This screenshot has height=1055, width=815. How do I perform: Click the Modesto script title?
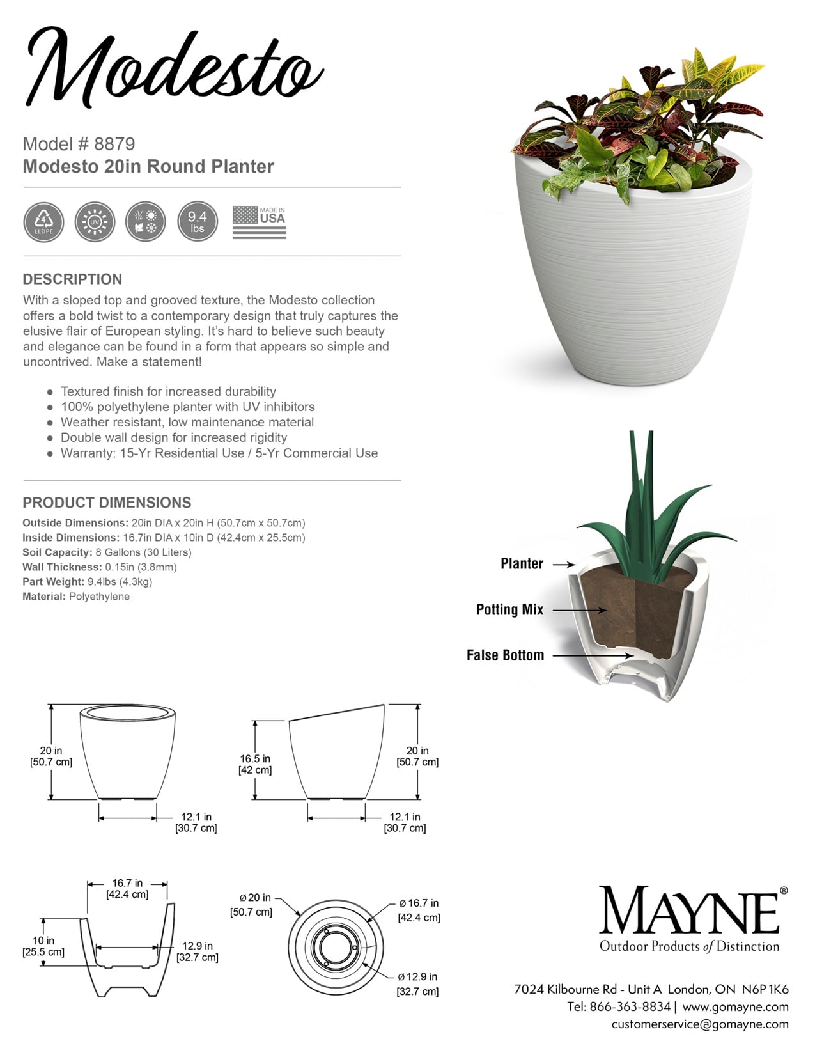click(173, 67)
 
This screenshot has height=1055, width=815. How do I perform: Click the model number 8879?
click(114, 144)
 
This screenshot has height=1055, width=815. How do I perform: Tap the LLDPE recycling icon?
click(43, 223)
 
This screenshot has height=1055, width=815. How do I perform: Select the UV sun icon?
click(95, 223)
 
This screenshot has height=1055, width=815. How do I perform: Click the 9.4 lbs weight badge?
click(197, 223)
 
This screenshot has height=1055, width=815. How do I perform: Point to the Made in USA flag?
click(259, 223)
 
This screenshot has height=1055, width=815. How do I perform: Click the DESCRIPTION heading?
click(72, 279)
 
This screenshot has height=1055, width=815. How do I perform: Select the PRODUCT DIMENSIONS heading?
click(107, 503)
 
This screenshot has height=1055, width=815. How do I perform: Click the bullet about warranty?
click(219, 453)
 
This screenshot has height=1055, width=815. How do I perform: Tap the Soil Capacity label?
click(58, 552)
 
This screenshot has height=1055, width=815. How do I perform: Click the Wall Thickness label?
click(62, 567)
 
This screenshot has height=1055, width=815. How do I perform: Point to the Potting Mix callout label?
click(509, 609)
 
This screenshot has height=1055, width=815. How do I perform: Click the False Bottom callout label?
click(505, 655)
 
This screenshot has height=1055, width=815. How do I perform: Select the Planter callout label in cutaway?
click(522, 563)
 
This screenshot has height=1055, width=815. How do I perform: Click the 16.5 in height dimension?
click(255, 764)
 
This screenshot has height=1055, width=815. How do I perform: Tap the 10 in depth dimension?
click(43, 946)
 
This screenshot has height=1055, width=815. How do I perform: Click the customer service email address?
click(699, 1024)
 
